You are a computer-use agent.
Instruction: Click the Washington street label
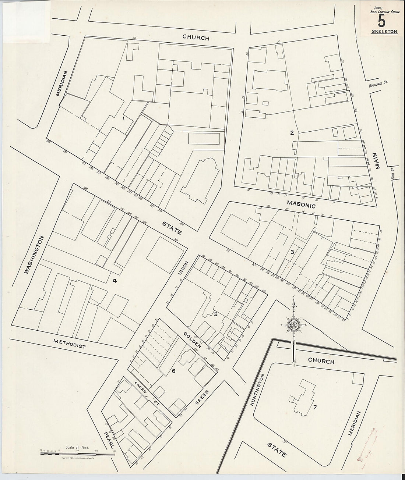tap(35, 255)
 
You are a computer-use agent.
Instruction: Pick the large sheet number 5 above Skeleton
tap(382, 21)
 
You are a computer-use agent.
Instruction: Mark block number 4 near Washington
tap(115, 281)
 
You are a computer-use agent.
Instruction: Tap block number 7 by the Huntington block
tap(315, 407)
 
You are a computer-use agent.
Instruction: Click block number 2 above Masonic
tap(292, 133)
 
